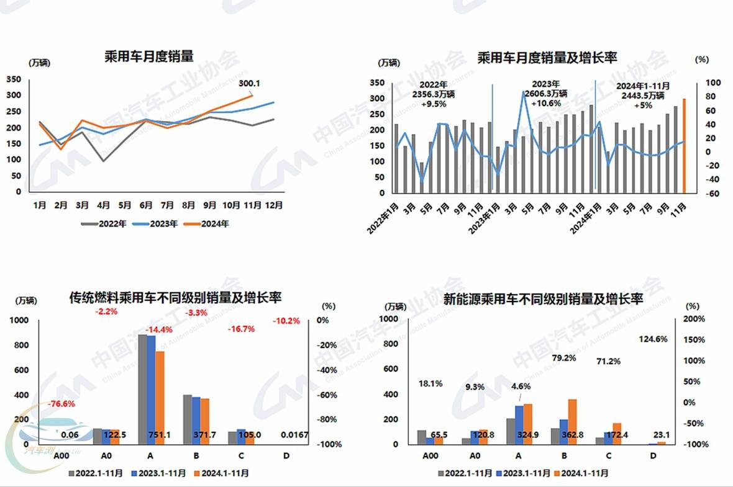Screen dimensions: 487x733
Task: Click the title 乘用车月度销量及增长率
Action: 547,58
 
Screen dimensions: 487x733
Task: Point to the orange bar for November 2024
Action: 684,146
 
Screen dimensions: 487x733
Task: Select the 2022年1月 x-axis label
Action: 384,214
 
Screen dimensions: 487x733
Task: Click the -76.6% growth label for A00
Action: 61,404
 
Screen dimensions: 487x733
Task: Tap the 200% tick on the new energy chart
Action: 694,319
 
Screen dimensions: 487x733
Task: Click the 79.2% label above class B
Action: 565,358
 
